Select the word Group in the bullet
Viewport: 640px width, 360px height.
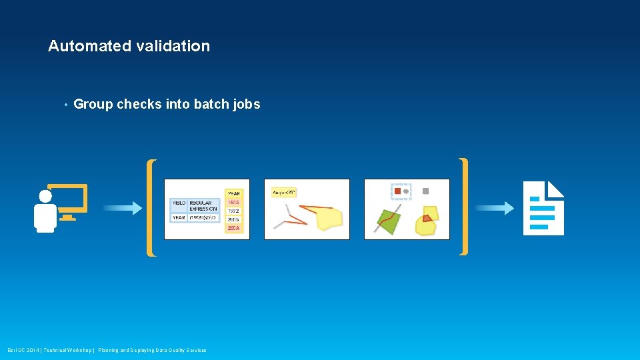pyautogui.click(x=93, y=104)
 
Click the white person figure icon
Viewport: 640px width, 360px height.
pyautogui.click(x=45, y=213)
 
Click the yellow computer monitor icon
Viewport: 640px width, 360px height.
pyautogui.click(x=68, y=200)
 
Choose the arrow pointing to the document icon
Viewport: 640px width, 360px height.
pyautogui.click(x=494, y=209)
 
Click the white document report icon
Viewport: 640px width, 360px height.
pyautogui.click(x=543, y=208)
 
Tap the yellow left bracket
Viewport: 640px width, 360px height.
pyautogui.click(x=151, y=207)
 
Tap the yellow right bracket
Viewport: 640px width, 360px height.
pyautogui.click(x=463, y=207)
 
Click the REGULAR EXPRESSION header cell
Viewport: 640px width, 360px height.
pyautogui.click(x=203, y=205)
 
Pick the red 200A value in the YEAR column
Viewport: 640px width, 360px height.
pyautogui.click(x=233, y=229)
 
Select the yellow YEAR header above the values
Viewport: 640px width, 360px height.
pyautogui.click(x=233, y=193)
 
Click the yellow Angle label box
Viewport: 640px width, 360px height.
pyautogui.click(x=284, y=193)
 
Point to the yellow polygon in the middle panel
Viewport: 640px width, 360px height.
pyautogui.click(x=329, y=218)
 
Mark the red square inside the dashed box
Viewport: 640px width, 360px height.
pyautogui.click(x=397, y=191)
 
